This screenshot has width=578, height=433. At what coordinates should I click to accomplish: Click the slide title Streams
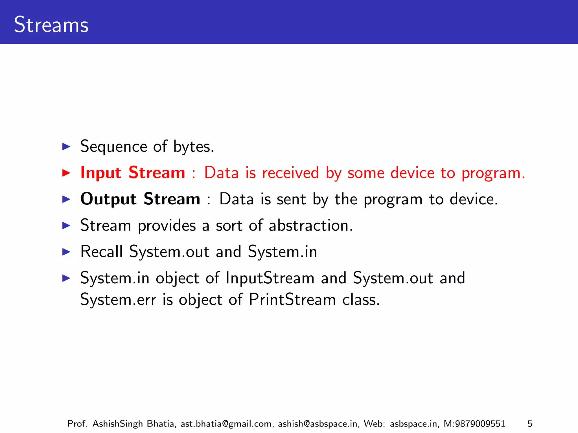51,25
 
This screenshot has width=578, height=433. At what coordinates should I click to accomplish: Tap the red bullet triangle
66,173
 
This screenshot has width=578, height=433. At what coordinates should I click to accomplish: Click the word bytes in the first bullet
194,147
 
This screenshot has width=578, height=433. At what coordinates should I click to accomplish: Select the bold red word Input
101,173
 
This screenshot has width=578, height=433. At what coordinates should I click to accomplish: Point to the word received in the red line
290,173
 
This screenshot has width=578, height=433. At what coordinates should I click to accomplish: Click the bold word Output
108,199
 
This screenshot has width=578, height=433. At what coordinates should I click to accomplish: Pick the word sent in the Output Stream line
291,199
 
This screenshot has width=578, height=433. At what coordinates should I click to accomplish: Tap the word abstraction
311,226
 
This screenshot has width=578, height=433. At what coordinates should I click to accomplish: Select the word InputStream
270,278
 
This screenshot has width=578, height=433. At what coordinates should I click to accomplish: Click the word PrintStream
292,299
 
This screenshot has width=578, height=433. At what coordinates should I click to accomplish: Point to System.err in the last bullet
118,299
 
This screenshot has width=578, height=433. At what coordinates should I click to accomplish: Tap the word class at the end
361,299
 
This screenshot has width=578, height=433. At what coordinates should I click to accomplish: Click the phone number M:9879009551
474,424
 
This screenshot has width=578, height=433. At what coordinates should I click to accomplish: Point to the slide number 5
530,424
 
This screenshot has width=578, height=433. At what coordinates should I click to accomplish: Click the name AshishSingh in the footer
118,424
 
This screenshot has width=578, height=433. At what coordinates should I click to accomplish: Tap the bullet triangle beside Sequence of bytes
66,147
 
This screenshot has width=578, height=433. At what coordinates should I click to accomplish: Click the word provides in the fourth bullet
167,226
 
